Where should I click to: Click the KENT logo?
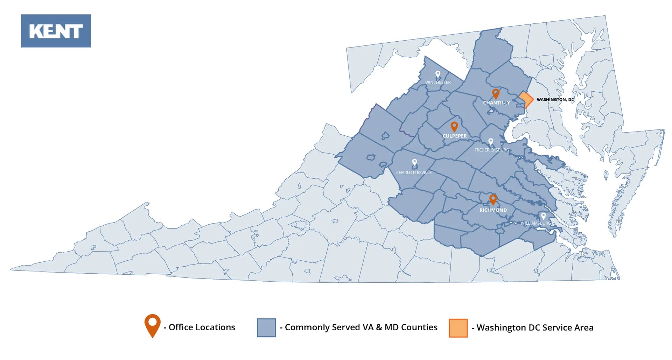[56, 31]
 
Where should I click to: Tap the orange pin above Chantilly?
[496, 93]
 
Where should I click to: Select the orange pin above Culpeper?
[454, 126]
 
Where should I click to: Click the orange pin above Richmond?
[493, 199]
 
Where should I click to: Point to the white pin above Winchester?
[437, 74]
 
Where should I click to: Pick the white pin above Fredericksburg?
[491, 142]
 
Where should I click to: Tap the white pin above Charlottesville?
[414, 162]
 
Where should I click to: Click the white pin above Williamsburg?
[543, 216]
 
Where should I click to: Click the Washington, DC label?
[555, 100]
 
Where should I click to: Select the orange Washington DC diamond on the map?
[526, 100]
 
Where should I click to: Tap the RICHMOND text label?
[493, 210]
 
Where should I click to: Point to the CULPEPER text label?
[454, 136]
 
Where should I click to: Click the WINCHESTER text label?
[438, 83]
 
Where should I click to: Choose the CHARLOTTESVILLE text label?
[414, 172]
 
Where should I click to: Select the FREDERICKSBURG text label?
[492, 150]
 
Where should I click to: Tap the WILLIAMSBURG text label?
[535, 223]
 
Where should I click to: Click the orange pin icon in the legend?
[153, 325]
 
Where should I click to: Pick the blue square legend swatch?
[266, 327]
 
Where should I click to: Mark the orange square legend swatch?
[458, 328]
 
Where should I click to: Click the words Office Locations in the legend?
[202, 327]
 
